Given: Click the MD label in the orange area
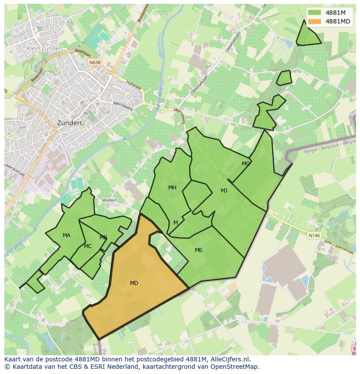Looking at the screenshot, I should point(134,283).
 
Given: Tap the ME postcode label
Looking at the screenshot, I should point(199,250).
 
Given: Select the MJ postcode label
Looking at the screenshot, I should point(224,191).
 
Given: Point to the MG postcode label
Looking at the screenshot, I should point(246,164).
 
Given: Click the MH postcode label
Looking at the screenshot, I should point(172,188).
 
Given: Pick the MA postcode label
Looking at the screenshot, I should point(66,235).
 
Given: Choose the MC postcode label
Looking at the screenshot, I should point(88,246).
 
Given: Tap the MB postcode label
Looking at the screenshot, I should point(103,238).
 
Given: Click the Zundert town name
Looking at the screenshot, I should point(70,123).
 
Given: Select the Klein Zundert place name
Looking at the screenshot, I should point(45,49).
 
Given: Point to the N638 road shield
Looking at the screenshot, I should point(95,63).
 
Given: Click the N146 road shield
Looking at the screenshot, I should point(314,235).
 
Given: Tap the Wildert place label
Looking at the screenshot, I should point(110,200).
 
